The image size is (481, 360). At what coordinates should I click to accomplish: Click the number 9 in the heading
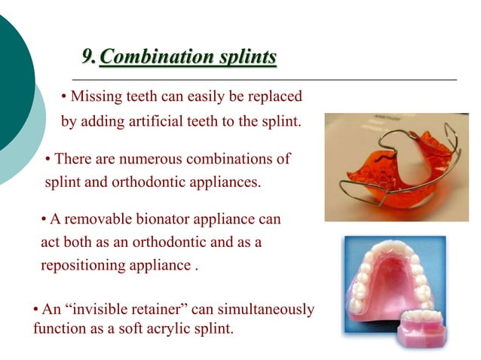[x=89, y=57]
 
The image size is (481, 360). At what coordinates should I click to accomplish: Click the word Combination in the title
[x=142, y=57]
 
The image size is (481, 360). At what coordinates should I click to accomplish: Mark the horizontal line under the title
[x=264, y=79]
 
